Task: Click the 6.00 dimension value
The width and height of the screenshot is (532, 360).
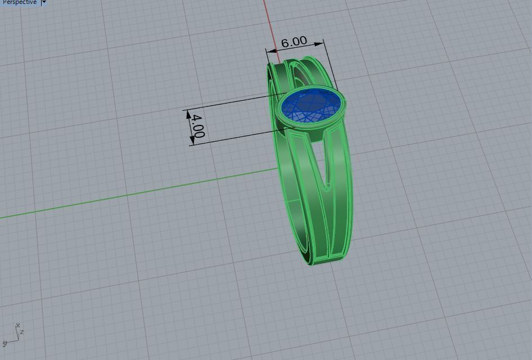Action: click(x=294, y=42)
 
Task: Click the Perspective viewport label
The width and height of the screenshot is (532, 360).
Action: click(x=19, y=2)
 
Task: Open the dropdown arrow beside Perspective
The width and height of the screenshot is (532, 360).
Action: click(x=44, y=2)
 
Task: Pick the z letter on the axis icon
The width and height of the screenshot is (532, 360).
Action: click(x=22, y=332)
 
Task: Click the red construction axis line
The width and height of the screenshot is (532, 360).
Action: click(x=269, y=22)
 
